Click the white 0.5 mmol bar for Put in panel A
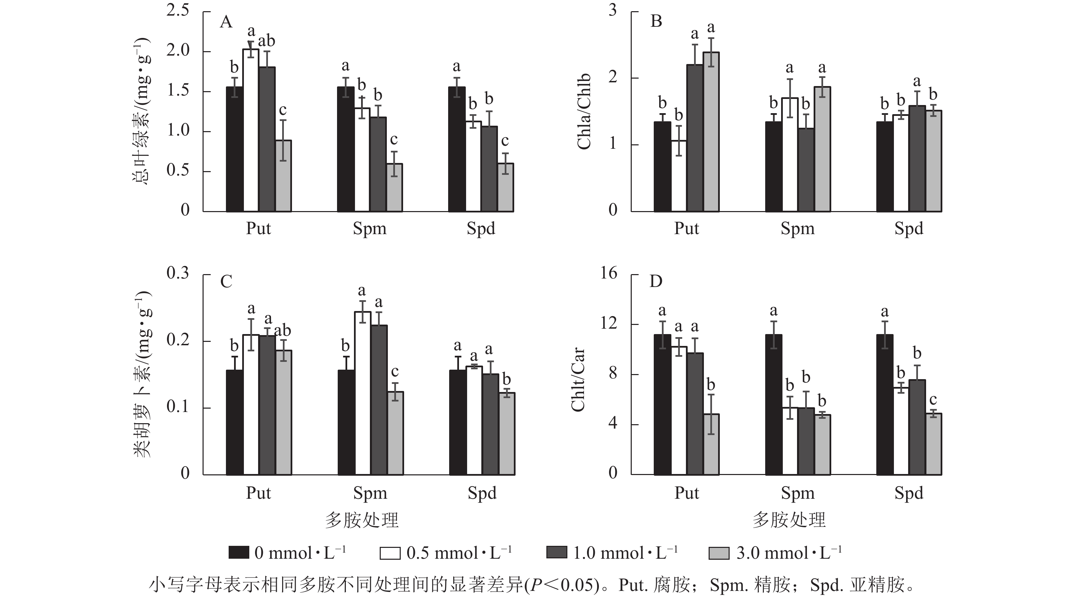(251, 130)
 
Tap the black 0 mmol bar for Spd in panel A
(457, 149)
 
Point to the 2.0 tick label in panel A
(178, 50)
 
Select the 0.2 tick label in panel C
(178, 340)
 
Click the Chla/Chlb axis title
(584, 112)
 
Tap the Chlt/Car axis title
(578, 379)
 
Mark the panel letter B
(656, 21)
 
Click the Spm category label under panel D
(797, 493)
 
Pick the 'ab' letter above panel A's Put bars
(266, 41)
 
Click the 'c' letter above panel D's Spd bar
(933, 400)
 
